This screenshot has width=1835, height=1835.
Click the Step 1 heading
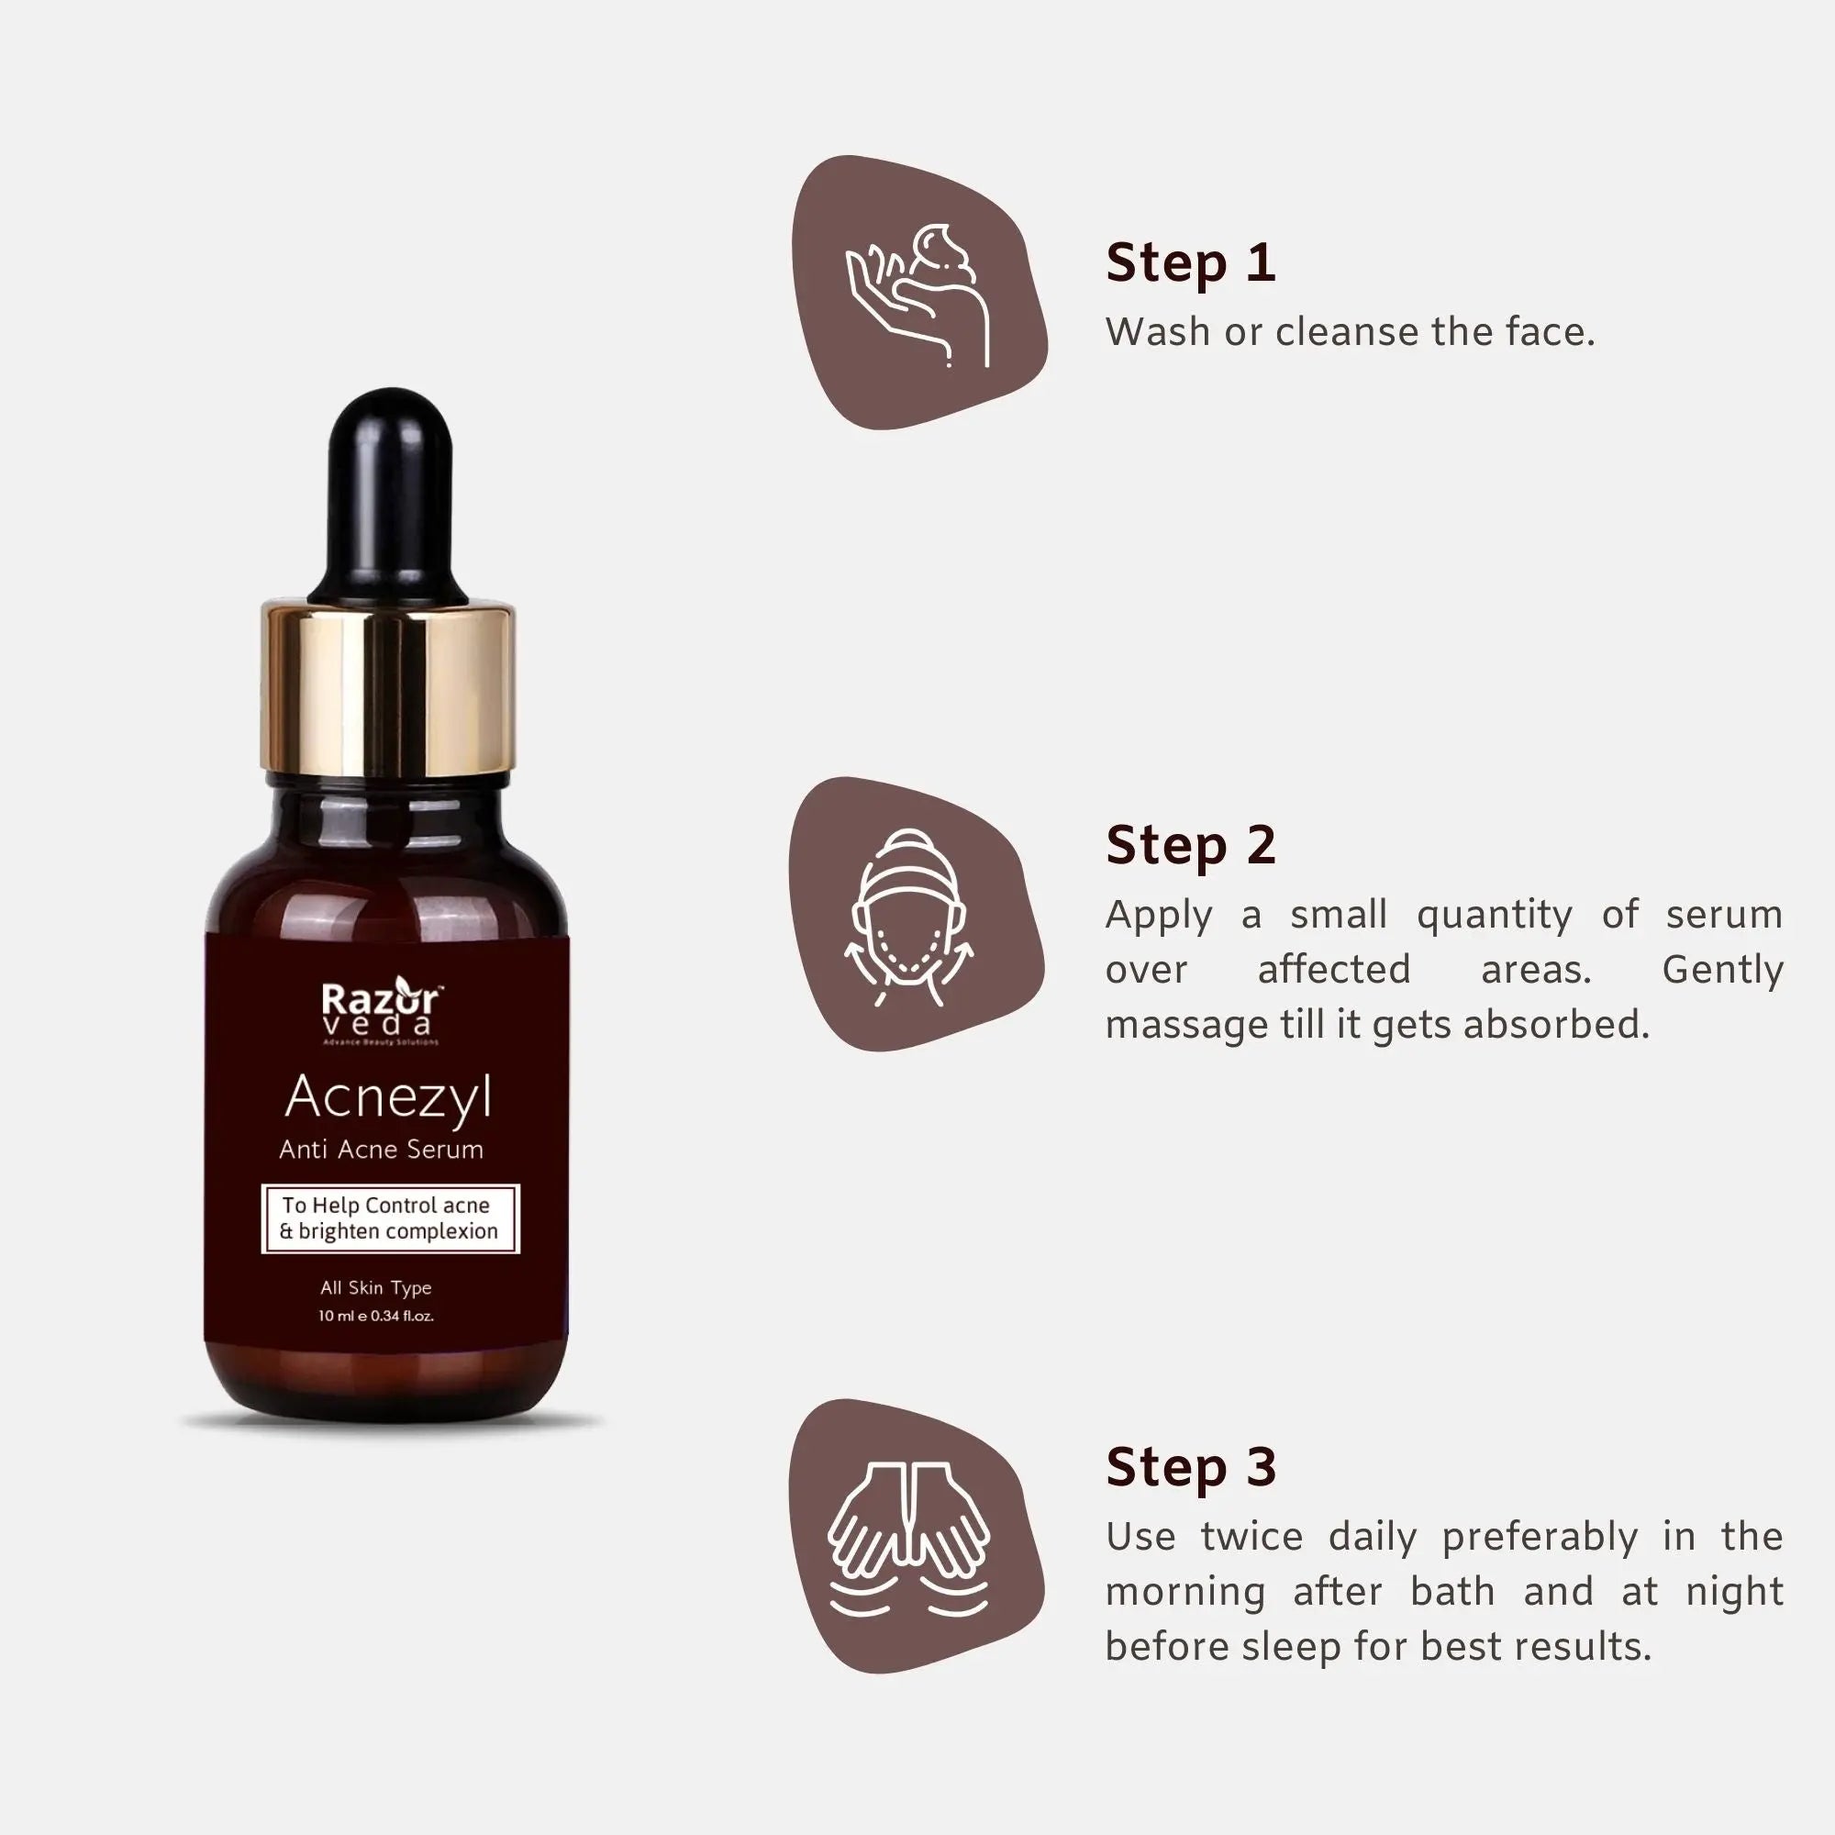click(1190, 263)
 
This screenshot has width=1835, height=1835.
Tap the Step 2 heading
click(1190, 845)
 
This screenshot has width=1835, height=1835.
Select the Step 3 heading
click(1190, 1467)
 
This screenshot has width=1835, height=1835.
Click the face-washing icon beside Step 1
click(918, 295)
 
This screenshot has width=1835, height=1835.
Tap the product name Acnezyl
click(388, 1097)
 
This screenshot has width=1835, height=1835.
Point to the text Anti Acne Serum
click(381, 1151)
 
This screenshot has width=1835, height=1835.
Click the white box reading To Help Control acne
click(389, 1218)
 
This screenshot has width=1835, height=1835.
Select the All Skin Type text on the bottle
click(376, 1288)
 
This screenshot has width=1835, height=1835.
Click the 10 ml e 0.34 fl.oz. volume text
click(376, 1317)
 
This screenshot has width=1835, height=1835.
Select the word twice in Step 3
click(1251, 1537)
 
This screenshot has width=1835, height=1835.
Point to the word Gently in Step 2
click(1722, 970)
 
